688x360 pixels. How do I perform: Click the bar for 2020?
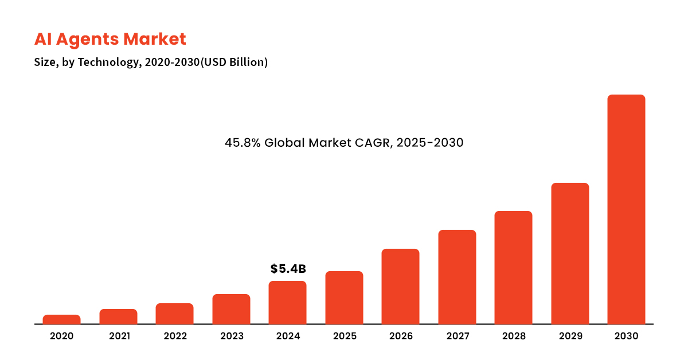[x=61, y=319]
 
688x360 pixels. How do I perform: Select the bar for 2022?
[x=174, y=314]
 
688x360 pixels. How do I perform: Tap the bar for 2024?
[x=287, y=303]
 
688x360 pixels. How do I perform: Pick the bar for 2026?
[x=400, y=287]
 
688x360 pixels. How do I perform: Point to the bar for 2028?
[x=513, y=268]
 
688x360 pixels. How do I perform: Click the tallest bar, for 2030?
[x=626, y=209]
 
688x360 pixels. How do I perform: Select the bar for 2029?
[x=570, y=253]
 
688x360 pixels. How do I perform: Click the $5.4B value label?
[x=288, y=269]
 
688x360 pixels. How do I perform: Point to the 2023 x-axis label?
[x=232, y=336]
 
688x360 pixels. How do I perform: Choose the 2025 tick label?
[x=344, y=336]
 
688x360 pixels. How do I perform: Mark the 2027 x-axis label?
[x=457, y=336]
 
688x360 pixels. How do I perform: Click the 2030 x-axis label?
[x=626, y=336]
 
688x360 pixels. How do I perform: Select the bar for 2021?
[x=118, y=316]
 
